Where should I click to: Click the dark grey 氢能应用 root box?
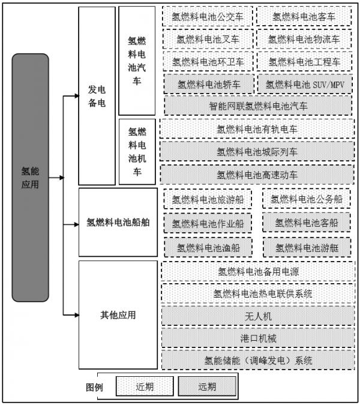point(30,178)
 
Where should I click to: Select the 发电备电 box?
point(97,96)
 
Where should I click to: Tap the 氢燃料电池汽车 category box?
point(137,61)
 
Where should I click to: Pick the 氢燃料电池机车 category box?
point(137,152)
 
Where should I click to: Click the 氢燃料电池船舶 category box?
point(118,222)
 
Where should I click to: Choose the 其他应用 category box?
point(118,315)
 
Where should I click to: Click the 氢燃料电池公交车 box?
point(208,17)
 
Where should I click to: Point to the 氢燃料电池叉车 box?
point(208,39)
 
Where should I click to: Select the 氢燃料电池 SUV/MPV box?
point(305,84)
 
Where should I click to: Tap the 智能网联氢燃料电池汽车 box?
point(258,106)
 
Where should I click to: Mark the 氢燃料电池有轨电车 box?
point(257,129)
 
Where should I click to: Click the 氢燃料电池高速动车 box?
point(257,175)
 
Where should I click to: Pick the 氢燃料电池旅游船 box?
point(208,199)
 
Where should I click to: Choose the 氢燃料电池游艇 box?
point(307,248)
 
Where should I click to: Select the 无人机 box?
point(258,316)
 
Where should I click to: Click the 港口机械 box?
point(258,338)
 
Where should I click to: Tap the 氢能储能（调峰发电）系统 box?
point(258,360)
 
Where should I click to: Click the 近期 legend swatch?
point(145,386)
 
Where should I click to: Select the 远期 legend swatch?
point(207,386)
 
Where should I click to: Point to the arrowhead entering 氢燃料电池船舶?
point(76,224)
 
